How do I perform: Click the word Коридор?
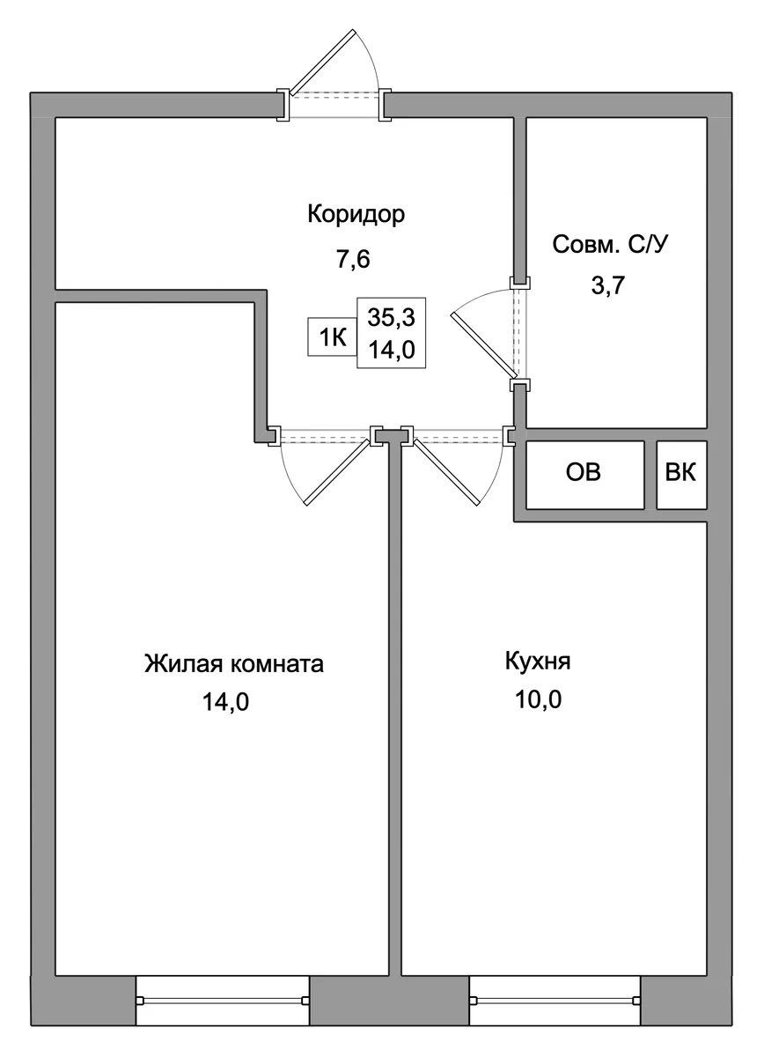click(x=356, y=215)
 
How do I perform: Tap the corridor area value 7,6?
click(x=353, y=260)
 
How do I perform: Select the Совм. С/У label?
click(x=610, y=245)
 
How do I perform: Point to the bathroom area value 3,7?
click(x=608, y=285)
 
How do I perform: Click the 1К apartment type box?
click(x=333, y=336)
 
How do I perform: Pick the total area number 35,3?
click(x=392, y=317)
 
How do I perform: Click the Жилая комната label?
click(x=234, y=664)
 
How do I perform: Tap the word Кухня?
click(x=538, y=662)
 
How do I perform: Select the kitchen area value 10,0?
click(x=538, y=700)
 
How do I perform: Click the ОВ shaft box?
click(x=584, y=475)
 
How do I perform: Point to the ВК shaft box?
click(x=681, y=475)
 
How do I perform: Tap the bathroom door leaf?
click(x=482, y=344)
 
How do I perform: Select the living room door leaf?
click(x=337, y=472)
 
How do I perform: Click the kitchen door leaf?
click(x=446, y=472)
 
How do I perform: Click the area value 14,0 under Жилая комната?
click(x=225, y=703)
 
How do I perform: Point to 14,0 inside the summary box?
click(x=392, y=351)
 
